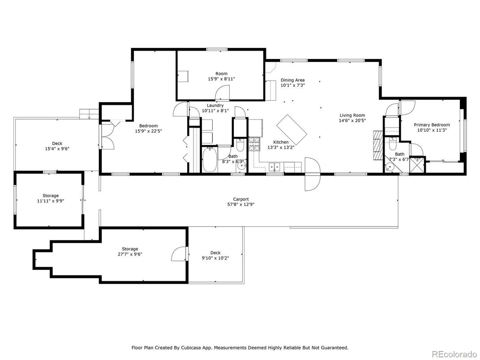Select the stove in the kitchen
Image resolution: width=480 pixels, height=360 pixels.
point(255,143)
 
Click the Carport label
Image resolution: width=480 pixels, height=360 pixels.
point(240,199)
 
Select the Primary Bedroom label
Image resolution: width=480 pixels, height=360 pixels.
point(432,125)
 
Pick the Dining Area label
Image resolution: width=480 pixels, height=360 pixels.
point(292,80)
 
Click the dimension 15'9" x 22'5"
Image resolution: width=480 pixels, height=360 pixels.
point(148,131)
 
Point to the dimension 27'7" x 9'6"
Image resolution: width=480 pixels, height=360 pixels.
point(130,254)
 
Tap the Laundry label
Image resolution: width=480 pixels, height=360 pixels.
point(215,105)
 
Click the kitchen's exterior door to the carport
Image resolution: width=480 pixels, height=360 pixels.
point(312,174)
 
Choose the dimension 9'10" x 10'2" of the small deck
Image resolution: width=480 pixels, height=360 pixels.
point(215,258)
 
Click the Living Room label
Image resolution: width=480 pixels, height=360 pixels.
point(352,115)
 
